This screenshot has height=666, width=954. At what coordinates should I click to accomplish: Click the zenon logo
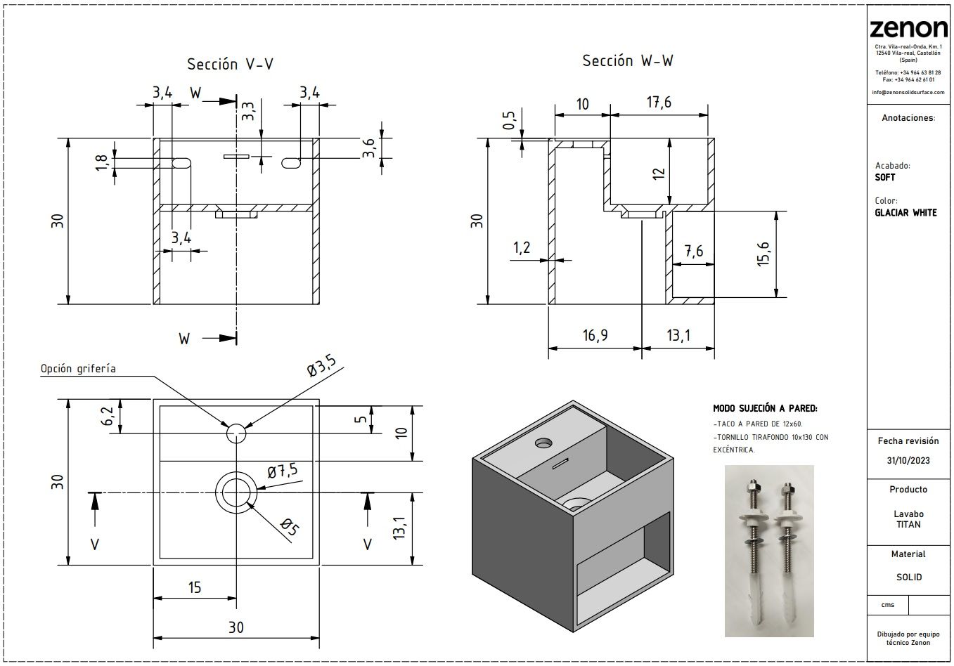[908, 28]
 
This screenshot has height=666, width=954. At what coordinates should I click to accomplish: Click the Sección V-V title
[230, 65]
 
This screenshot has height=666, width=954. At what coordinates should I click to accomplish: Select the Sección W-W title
[627, 61]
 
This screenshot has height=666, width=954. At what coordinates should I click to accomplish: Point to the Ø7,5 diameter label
[283, 471]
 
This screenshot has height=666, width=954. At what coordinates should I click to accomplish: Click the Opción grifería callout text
[78, 368]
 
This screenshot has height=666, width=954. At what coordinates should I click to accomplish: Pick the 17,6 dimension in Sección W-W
[658, 103]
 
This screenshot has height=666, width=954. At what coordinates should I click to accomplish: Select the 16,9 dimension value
[595, 336]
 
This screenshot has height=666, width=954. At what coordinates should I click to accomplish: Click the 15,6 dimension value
[763, 254]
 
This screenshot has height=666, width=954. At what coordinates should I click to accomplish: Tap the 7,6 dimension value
[692, 252]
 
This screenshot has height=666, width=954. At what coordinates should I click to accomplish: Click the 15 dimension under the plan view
[195, 587]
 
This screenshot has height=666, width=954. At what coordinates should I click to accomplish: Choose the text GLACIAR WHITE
[905, 213]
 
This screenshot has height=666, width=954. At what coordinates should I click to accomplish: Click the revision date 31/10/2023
[908, 460]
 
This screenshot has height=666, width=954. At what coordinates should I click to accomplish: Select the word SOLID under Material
[908, 577]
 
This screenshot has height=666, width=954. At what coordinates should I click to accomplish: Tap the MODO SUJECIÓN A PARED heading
[765, 408]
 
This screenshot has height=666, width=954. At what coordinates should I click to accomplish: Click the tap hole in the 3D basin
[543, 443]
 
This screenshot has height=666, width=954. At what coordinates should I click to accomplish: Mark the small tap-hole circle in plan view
[237, 433]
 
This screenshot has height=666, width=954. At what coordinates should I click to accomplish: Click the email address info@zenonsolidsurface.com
[908, 92]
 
